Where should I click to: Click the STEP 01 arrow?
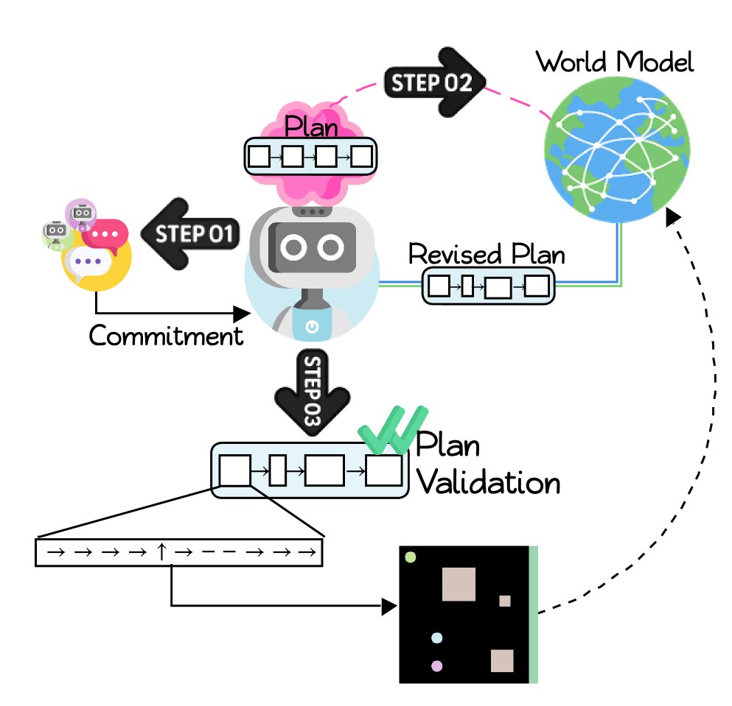click(x=191, y=234)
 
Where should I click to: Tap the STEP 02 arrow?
click(x=436, y=82)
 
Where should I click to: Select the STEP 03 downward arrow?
click(x=310, y=393)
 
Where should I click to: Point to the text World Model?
click(x=615, y=62)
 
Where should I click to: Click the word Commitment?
click(x=166, y=336)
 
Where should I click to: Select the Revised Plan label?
click(x=487, y=255)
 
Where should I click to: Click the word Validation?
click(x=488, y=483)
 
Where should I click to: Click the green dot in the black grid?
click(x=411, y=557)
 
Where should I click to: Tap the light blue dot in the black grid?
click(x=436, y=638)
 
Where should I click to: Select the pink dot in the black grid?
click(x=436, y=666)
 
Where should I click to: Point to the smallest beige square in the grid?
click(x=505, y=601)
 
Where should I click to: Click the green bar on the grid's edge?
click(x=534, y=614)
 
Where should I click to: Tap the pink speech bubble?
click(x=105, y=234)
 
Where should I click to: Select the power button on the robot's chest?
click(x=311, y=325)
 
